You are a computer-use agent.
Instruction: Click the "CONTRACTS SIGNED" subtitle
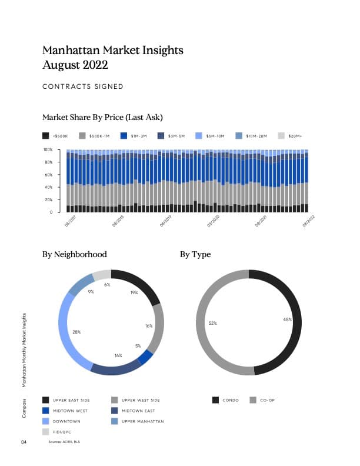tap(83, 86)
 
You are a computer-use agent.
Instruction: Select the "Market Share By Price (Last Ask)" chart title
tap(102, 117)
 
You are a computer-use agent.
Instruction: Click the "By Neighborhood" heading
tap(75, 255)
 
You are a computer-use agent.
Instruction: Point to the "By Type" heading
tap(195, 255)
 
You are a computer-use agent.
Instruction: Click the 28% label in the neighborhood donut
tap(76, 332)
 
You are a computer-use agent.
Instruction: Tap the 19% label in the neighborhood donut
tap(134, 292)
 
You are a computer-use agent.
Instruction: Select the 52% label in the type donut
tap(213, 323)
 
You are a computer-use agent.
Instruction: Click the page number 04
tap(24, 441)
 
